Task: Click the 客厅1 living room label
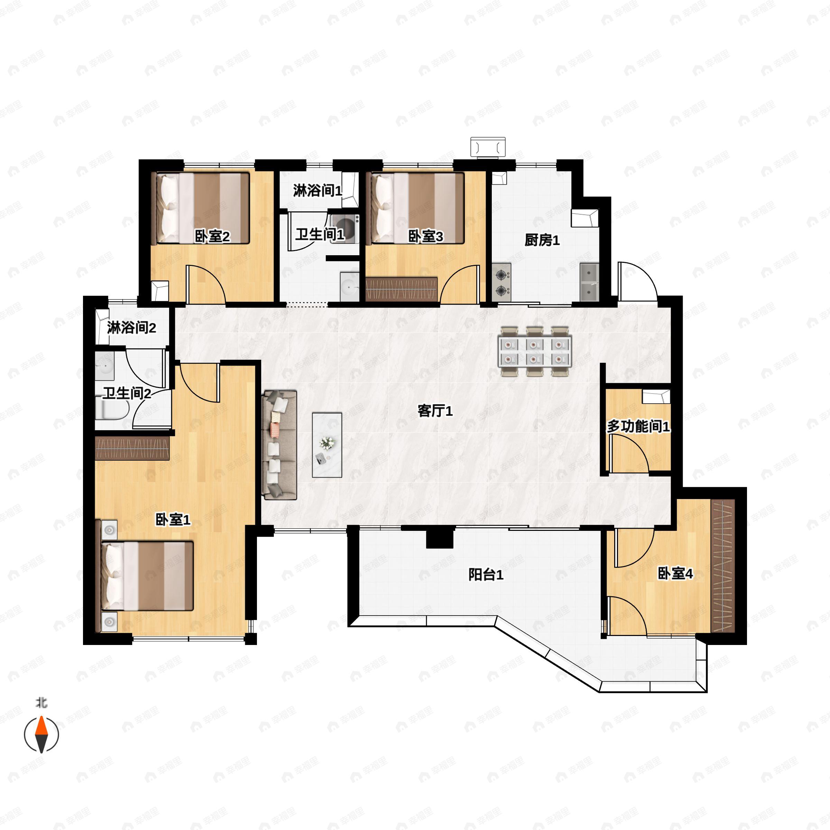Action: click(435, 412)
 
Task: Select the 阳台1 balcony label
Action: click(486, 574)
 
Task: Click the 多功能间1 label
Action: click(638, 427)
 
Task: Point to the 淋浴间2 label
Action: click(131, 328)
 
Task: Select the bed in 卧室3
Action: click(417, 208)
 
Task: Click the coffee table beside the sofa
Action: click(327, 445)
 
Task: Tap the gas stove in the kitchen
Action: click(501, 282)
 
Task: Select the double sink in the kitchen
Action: click(589, 282)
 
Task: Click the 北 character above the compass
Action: click(41, 703)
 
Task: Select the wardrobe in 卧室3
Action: click(401, 289)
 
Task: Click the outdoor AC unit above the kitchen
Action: click(488, 147)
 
